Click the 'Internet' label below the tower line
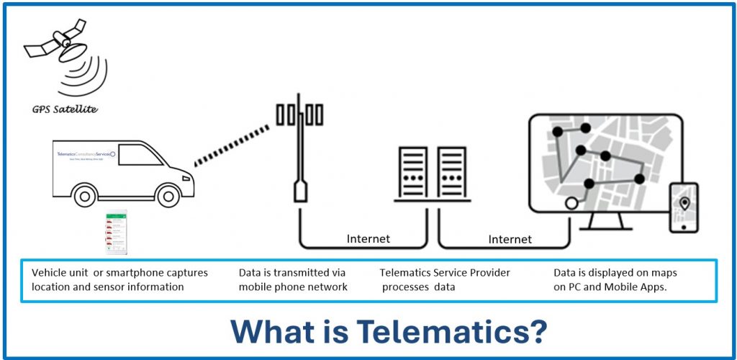(x=368, y=238)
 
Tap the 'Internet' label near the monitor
(x=510, y=238)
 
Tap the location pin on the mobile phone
(x=684, y=204)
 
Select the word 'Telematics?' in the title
(x=452, y=330)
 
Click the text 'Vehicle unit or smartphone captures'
(x=119, y=273)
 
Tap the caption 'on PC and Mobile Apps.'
(x=610, y=287)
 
